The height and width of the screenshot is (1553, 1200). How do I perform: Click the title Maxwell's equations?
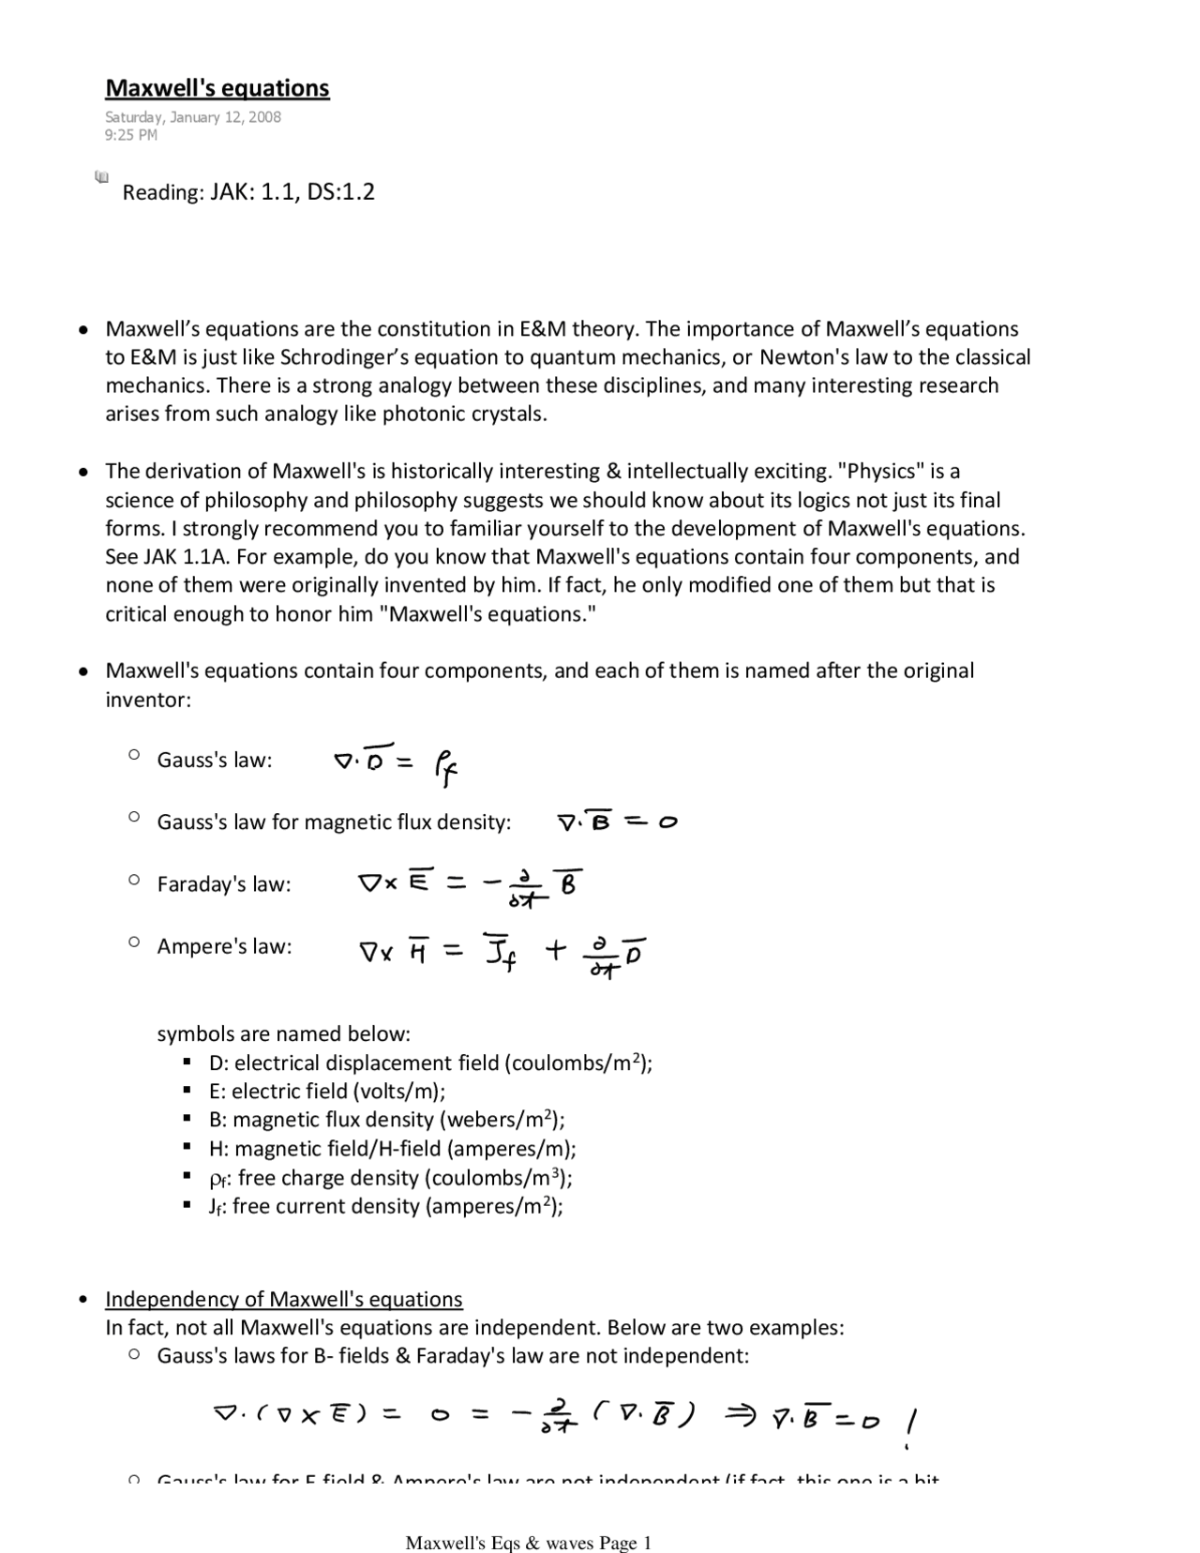pyautogui.click(x=217, y=88)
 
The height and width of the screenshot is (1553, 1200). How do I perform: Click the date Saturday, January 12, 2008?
pyautogui.click(x=192, y=117)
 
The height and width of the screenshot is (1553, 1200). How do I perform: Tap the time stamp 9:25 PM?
pyautogui.click(x=131, y=135)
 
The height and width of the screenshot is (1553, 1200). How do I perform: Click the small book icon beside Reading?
pyautogui.click(x=101, y=176)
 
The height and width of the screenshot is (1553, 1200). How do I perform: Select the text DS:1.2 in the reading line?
pyautogui.click(x=340, y=192)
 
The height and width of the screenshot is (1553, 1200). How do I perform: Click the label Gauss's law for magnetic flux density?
pyautogui.click(x=334, y=822)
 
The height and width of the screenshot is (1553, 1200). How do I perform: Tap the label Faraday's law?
pyautogui.click(x=223, y=884)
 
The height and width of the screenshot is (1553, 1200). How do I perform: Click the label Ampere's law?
pyautogui.click(x=224, y=946)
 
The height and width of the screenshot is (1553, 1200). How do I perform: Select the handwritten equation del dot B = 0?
pyautogui.click(x=617, y=822)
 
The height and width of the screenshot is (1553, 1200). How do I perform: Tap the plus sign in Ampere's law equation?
pyautogui.click(x=555, y=951)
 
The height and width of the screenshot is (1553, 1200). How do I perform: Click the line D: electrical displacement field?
pyautogui.click(x=429, y=1063)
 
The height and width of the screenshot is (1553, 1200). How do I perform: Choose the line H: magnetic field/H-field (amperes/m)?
pyautogui.click(x=392, y=1149)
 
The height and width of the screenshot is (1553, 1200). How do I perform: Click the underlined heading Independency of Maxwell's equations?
pyautogui.click(x=283, y=1299)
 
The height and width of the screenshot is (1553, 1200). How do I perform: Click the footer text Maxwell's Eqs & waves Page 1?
pyautogui.click(x=528, y=1543)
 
